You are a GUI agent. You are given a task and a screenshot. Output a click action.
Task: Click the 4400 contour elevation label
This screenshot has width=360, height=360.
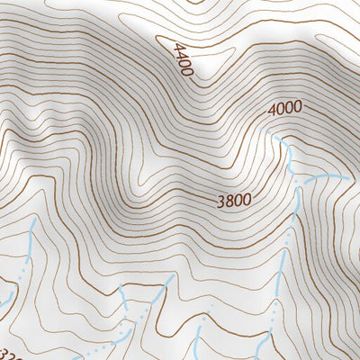tap(183, 59)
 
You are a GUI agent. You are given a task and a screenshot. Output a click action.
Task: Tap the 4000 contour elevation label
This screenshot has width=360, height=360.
tap(283, 109)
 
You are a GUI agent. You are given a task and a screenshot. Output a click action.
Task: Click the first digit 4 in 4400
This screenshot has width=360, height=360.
tap(176, 47)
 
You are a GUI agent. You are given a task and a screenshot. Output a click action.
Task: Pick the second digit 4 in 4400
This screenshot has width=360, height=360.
tap(180, 55)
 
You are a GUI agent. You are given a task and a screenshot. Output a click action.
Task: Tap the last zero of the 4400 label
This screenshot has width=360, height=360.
tap(188, 71)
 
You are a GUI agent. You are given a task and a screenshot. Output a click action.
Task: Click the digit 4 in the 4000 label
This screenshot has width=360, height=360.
tap(271, 112)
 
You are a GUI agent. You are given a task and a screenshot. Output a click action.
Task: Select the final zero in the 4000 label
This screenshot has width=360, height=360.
tap(296, 106)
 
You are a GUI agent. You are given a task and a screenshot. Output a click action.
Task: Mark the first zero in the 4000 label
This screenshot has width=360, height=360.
tap(279, 111)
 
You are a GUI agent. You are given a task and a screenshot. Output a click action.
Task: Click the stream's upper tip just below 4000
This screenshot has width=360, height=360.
tap(276, 139)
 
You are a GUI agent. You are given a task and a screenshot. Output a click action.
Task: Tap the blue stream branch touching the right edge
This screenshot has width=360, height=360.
tap(346, 178)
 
